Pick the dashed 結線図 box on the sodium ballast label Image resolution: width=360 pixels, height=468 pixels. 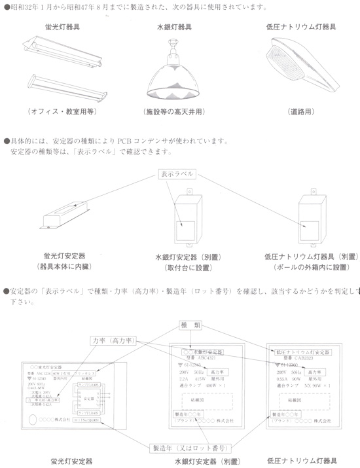tap(300, 401)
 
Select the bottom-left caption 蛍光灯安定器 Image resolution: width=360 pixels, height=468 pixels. tap(71, 460)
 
